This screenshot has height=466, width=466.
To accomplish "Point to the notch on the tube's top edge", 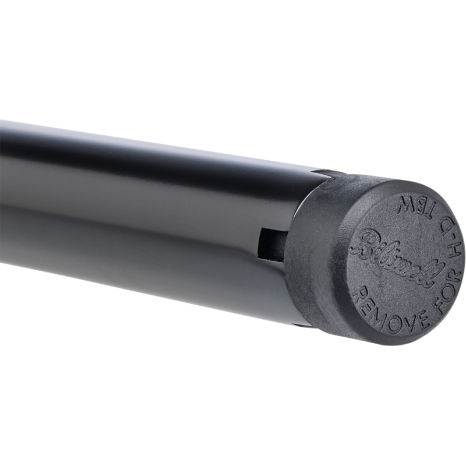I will point(326,172).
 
